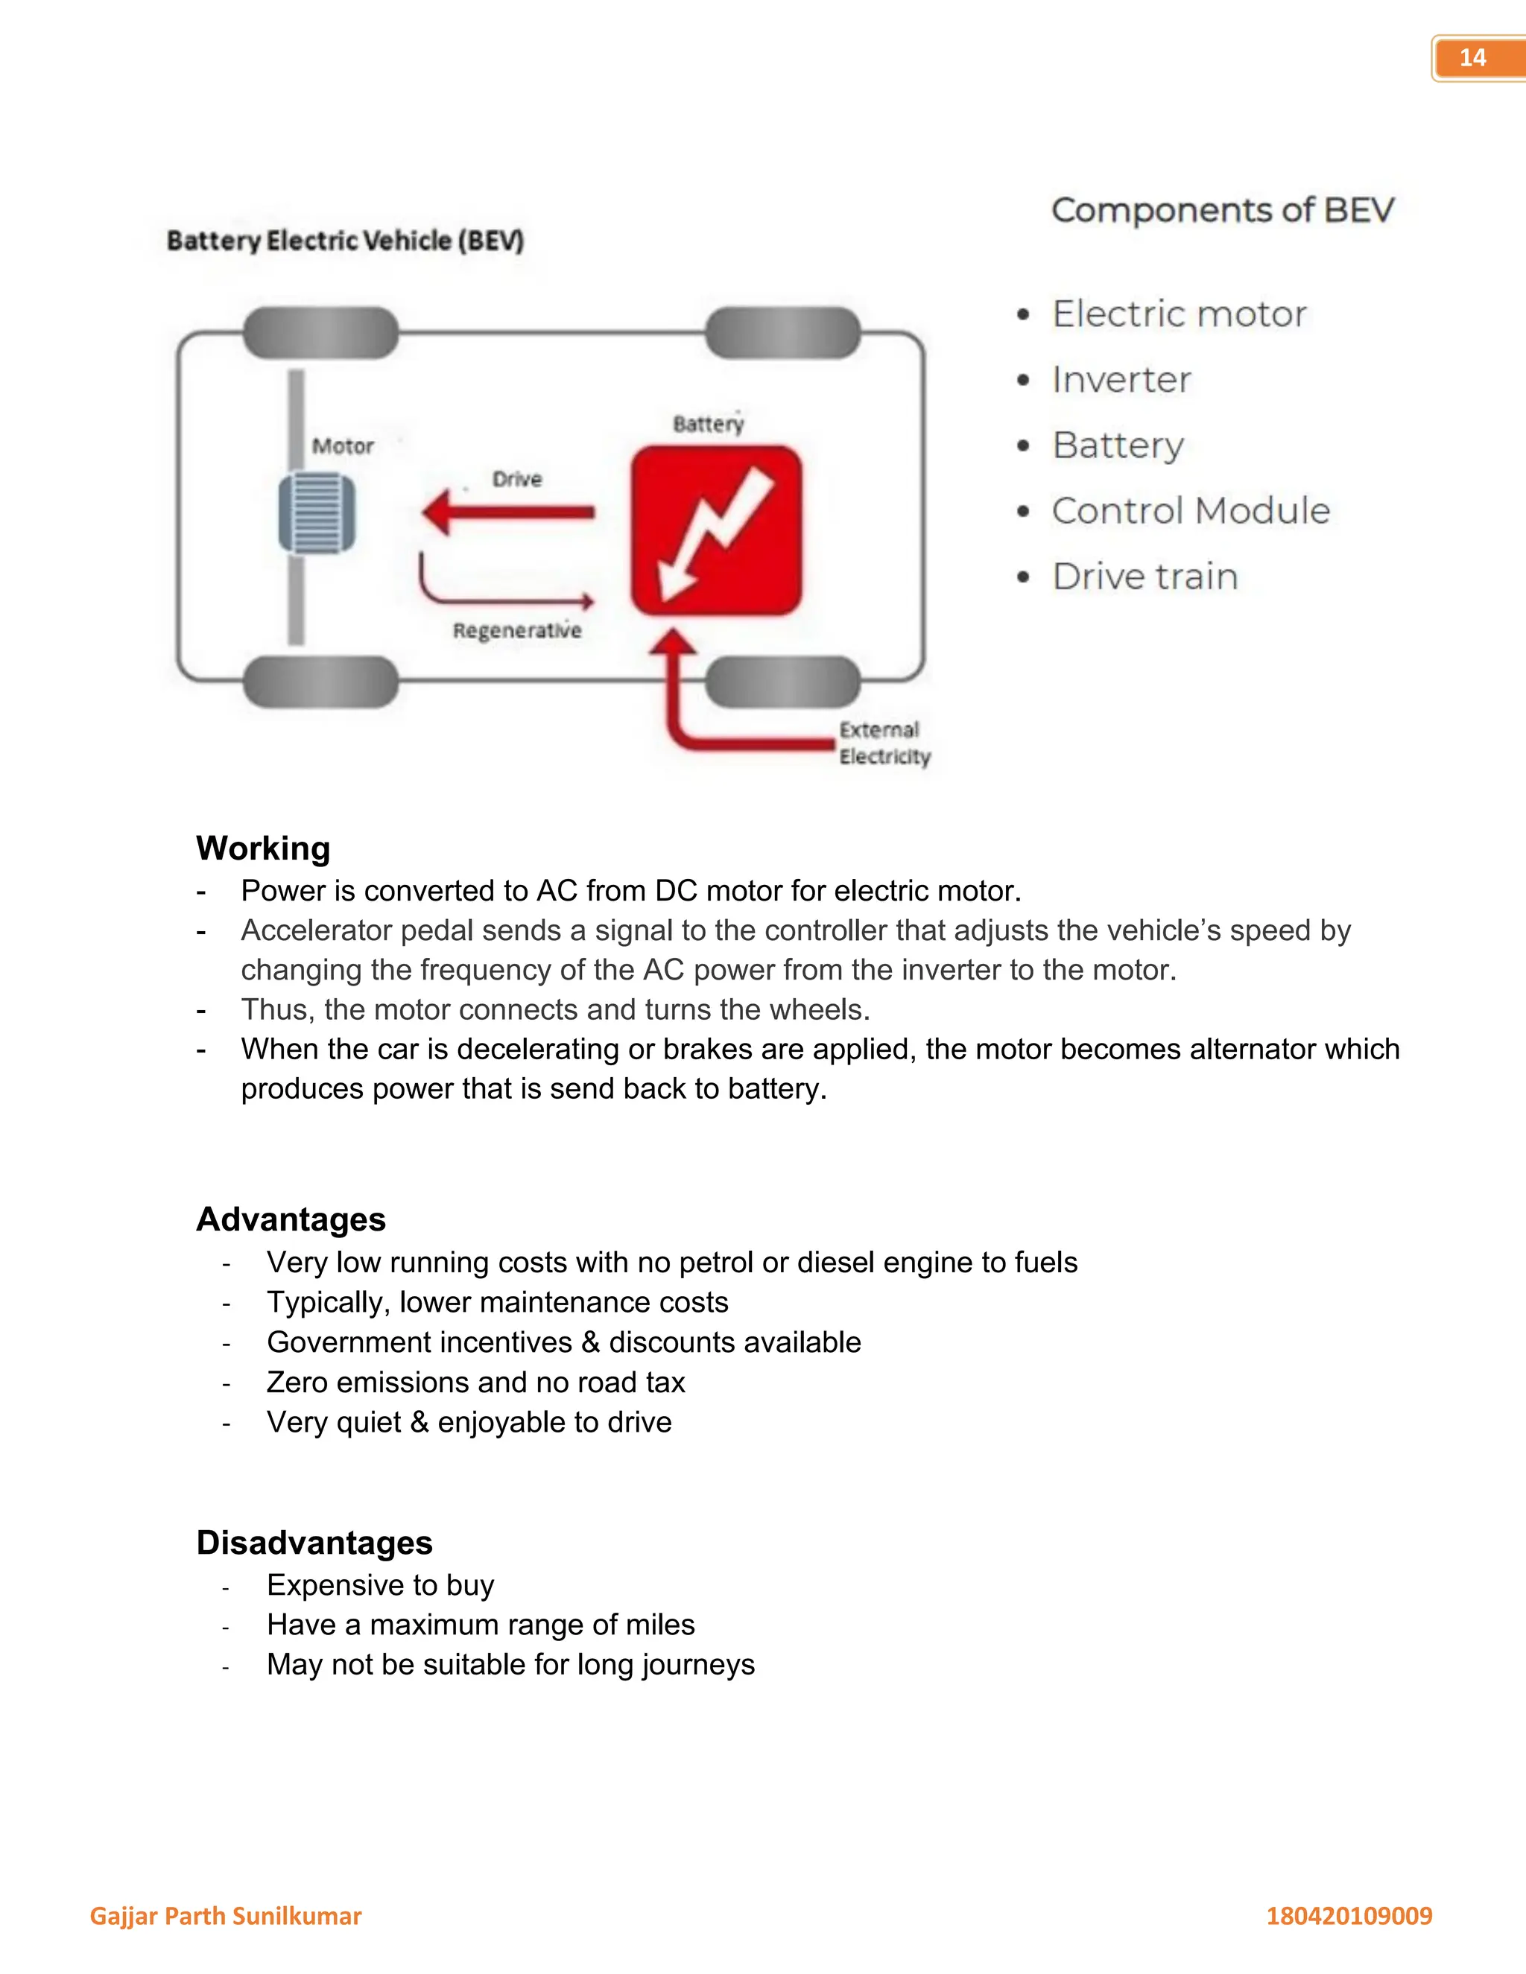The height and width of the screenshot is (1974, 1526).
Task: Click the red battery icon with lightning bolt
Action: [716, 530]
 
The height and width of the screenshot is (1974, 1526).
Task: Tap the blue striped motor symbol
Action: [317, 513]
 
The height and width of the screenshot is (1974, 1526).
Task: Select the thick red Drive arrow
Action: [508, 512]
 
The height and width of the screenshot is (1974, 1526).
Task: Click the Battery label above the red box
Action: [708, 424]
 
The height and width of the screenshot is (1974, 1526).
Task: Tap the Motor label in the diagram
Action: [343, 445]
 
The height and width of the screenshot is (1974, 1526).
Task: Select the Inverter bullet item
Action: [1121, 380]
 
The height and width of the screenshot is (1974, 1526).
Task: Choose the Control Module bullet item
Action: [1191, 511]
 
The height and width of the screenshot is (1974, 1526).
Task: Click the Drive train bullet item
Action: [1144, 577]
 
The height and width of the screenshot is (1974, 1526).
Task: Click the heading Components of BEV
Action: [1222, 210]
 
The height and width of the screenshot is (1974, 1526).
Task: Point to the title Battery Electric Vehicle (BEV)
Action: [345, 241]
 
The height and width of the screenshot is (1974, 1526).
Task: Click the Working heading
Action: [263, 848]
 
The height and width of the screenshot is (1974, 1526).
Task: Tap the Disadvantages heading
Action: [314, 1542]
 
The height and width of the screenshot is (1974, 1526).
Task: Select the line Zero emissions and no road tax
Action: [475, 1382]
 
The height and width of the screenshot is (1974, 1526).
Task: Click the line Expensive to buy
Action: [381, 1584]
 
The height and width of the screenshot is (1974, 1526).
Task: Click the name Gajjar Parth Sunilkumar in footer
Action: [225, 1915]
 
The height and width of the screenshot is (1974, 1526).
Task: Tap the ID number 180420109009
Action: [1349, 1915]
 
